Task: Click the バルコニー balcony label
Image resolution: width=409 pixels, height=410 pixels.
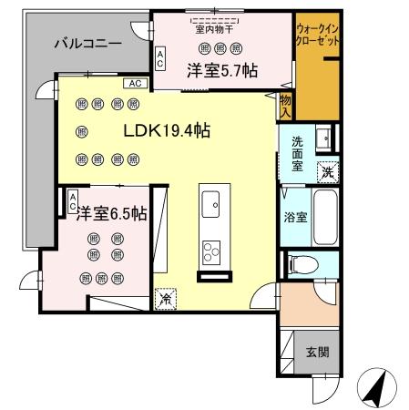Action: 87,43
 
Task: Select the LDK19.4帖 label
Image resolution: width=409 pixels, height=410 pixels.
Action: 167,130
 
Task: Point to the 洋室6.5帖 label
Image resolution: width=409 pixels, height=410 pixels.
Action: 109,214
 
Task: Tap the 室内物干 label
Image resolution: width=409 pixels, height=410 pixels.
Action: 216,28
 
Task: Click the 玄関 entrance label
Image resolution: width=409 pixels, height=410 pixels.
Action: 317,352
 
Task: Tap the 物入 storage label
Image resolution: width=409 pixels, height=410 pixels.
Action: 285,105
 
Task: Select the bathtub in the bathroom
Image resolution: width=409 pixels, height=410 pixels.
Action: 325,218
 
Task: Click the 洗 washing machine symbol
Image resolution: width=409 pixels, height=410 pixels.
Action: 325,170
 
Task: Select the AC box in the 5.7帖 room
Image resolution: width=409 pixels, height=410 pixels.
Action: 160,59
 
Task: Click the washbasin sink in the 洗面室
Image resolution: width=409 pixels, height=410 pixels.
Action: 323,139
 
